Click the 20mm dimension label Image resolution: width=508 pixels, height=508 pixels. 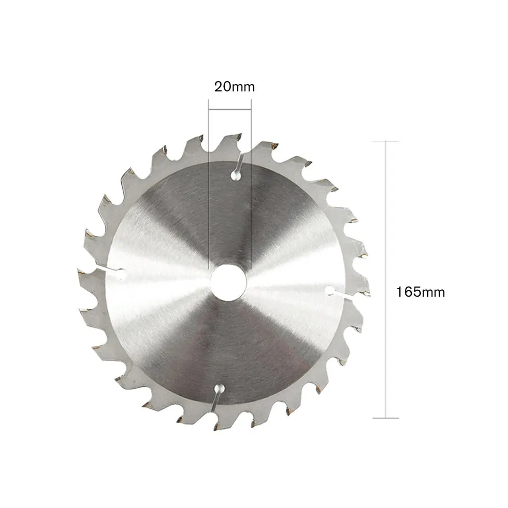[234, 87]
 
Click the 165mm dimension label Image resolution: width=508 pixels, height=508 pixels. [420, 292]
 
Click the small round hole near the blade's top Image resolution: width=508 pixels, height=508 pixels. [235, 176]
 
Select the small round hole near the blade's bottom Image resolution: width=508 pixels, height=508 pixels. [219, 388]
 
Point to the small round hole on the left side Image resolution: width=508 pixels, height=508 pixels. [121, 274]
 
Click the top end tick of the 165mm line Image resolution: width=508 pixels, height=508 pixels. [386, 141]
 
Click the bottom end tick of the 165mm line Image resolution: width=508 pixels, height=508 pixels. [386, 418]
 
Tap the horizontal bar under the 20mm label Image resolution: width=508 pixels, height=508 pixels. [230, 109]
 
